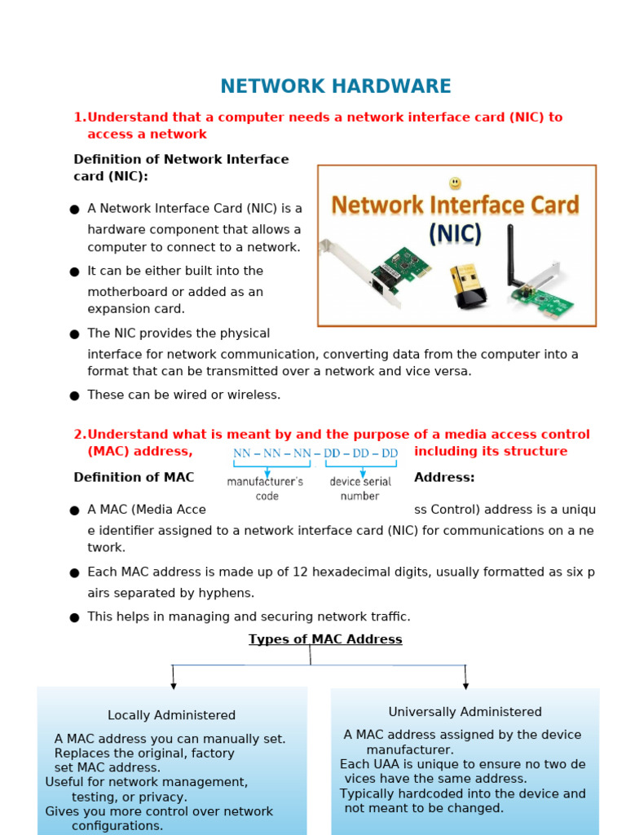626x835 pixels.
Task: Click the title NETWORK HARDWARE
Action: coord(335,86)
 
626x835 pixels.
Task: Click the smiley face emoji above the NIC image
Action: coord(455,183)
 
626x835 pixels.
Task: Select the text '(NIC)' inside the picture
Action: coord(455,235)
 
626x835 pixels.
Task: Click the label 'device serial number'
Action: coord(360,488)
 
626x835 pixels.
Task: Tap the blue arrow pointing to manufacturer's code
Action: coord(267,471)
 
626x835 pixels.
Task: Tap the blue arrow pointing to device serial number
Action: coord(362,471)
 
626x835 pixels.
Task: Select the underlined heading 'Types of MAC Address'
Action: coord(325,639)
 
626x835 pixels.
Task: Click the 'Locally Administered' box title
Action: coord(171,715)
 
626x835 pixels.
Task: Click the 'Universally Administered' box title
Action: coord(465,712)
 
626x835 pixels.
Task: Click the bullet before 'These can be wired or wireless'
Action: coord(74,395)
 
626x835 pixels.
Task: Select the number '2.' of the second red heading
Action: coord(80,435)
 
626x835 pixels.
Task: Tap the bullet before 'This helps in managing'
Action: coord(74,617)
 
